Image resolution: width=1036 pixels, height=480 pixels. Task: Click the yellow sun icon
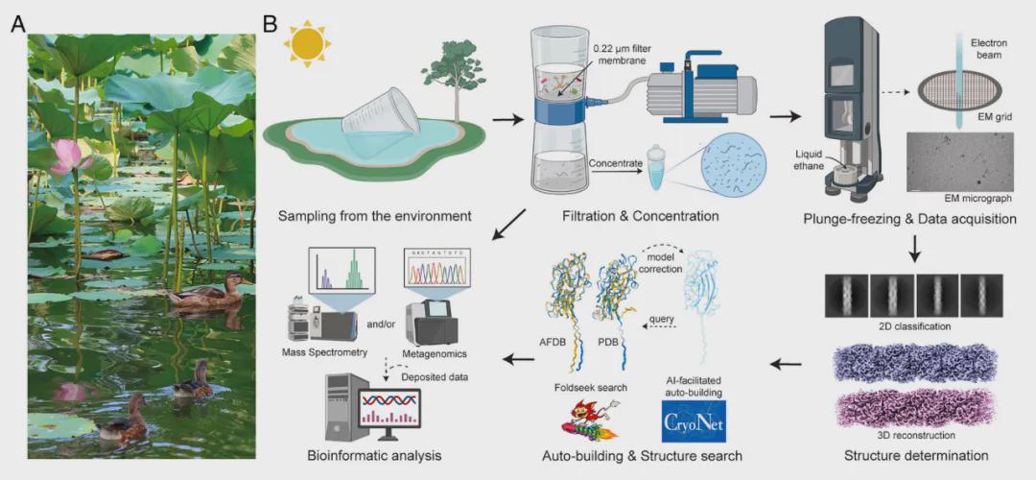(308, 43)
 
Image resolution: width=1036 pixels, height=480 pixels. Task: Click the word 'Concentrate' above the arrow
(616, 164)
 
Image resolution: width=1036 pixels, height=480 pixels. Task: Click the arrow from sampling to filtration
(502, 122)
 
